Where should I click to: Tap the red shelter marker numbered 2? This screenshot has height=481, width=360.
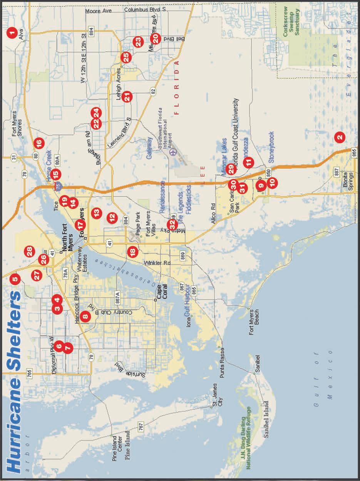340,136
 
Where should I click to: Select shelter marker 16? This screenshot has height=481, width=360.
39,143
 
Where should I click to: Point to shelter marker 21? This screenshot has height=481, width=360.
127,97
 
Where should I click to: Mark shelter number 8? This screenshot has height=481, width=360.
85,317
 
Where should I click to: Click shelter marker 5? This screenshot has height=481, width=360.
15,278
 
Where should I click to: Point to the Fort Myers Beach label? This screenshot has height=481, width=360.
253,322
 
